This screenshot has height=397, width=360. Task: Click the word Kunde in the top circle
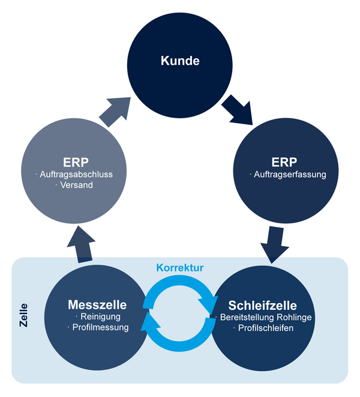(179, 61)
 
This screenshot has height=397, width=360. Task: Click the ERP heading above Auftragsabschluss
(74, 162)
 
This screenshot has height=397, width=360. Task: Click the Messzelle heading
(97, 305)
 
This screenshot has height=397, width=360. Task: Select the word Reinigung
(99, 317)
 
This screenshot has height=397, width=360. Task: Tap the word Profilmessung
(100, 328)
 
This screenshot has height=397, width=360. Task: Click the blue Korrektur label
(180, 268)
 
